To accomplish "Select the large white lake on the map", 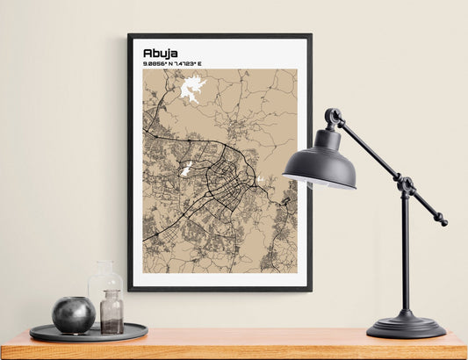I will point(193,90).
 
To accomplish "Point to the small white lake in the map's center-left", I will point(186,167).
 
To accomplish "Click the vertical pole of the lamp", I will point(405,255).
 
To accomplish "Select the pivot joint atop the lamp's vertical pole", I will point(406,185).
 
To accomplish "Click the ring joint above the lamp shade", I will point(333,116).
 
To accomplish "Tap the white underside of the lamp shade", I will point(318,184).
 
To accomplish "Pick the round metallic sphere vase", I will point(73,314).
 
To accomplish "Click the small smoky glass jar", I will point(112,313).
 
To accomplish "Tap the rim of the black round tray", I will point(88,336).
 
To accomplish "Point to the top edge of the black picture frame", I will point(220,36).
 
